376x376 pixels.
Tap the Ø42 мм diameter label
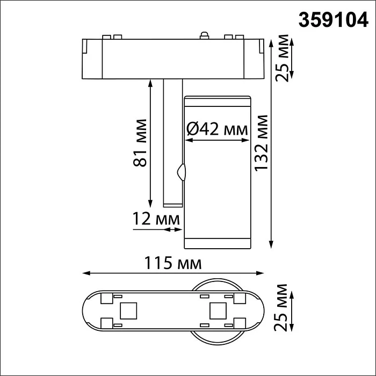coord(217,129)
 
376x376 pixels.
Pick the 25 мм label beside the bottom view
coord(281,309)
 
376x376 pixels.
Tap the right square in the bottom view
coord(217,310)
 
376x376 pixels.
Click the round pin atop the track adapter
coord(204,36)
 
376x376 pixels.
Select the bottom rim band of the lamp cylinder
coord(217,243)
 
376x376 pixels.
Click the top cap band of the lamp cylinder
coord(217,100)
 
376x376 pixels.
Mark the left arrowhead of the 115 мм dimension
coord(85,273)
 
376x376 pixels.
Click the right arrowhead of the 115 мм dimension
coord(262,273)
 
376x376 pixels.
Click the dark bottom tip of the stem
coord(172,204)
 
